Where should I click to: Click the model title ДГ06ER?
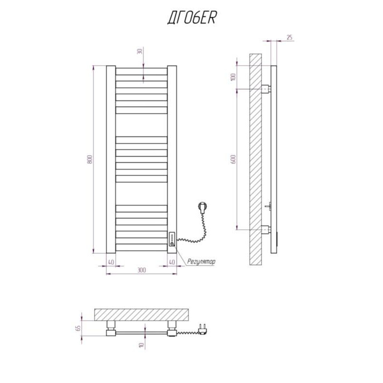[x=192, y=18]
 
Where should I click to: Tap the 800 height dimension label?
[x=90, y=159]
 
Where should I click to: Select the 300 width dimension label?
[x=142, y=270]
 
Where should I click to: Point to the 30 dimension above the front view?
[x=140, y=51]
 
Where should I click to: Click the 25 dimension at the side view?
[x=290, y=37]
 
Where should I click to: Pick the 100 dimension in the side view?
[x=234, y=77]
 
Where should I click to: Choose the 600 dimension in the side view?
[x=234, y=159]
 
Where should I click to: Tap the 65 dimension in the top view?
[x=79, y=328]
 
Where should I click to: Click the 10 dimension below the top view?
[x=141, y=345]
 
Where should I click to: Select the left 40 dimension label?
[x=111, y=262]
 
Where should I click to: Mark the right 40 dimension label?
[x=172, y=262]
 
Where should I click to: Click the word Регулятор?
[x=201, y=262]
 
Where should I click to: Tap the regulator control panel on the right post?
[x=172, y=239]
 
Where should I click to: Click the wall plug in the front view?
[x=203, y=208]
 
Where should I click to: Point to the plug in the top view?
[x=203, y=329]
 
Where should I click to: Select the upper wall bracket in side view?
[x=266, y=89]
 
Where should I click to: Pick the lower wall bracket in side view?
[x=266, y=230]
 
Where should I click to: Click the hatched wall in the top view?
[x=141, y=315]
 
